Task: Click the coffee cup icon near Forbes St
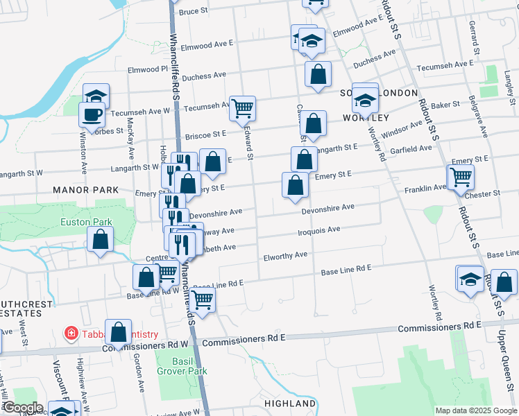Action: pos(91,114)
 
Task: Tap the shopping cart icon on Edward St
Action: pos(242,108)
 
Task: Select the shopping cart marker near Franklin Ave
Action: pos(461,177)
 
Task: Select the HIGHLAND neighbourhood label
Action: pos(290,403)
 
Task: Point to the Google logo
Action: pos(22,408)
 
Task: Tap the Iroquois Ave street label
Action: pos(319,229)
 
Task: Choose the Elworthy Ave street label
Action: pos(285,255)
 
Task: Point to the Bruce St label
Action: pos(194,11)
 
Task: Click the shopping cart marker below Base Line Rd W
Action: pos(202,300)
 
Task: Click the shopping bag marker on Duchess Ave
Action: pos(317,74)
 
